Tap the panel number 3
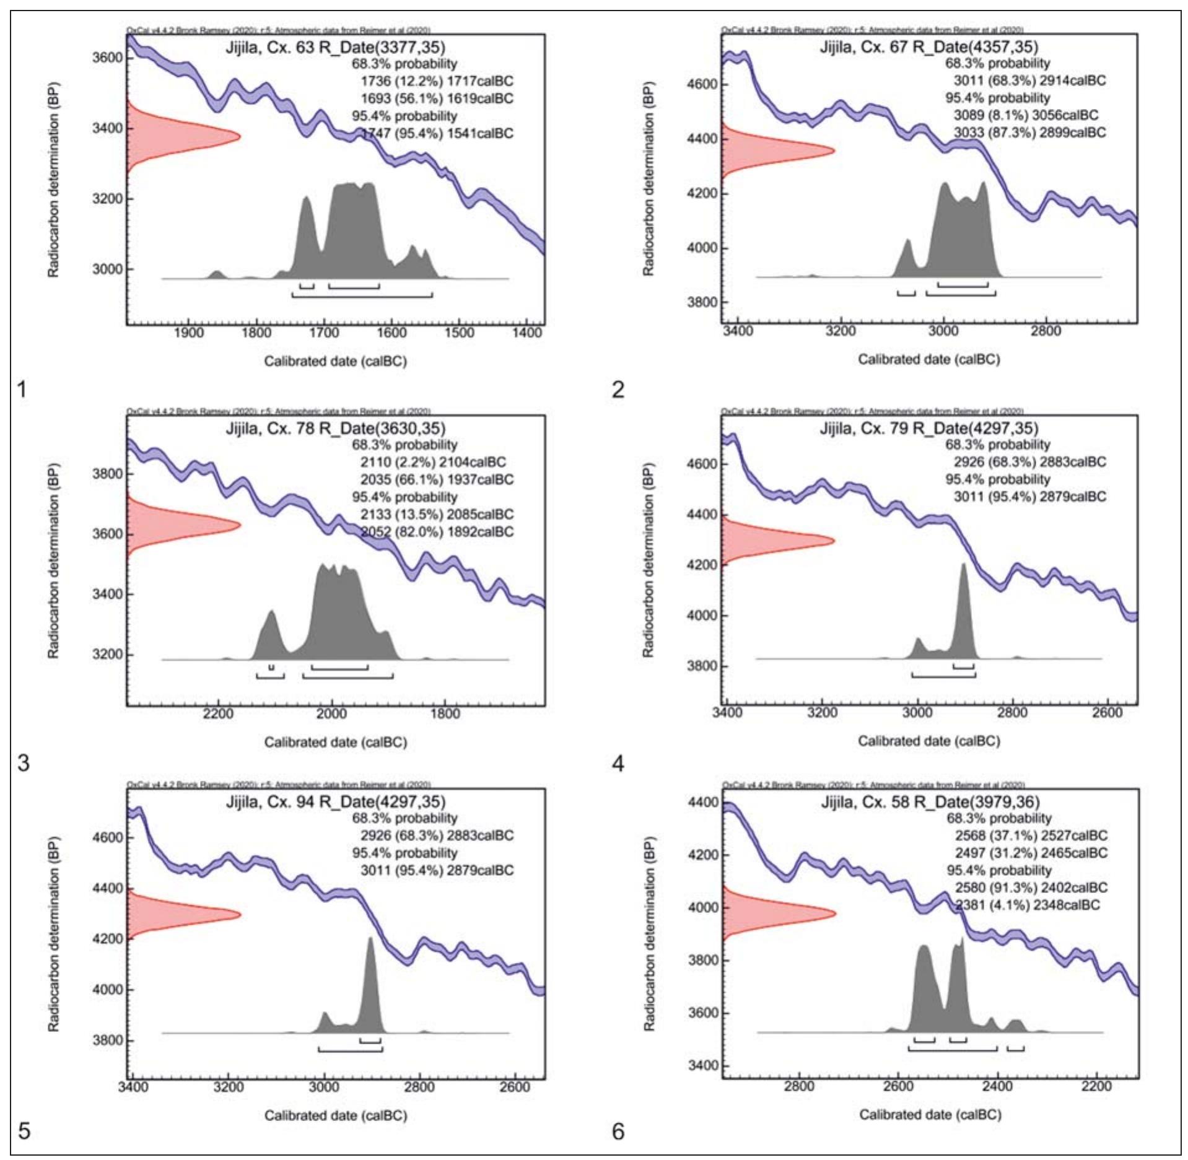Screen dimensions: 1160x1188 (x=24, y=763)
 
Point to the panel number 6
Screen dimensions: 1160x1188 (x=618, y=1132)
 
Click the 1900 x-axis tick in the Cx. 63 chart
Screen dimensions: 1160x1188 (x=189, y=333)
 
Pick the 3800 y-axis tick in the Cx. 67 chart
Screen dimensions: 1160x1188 (x=700, y=302)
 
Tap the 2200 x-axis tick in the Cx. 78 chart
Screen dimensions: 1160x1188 (x=218, y=713)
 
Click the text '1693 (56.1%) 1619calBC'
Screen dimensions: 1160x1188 (x=437, y=98)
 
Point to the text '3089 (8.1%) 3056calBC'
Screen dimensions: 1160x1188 (x=1026, y=115)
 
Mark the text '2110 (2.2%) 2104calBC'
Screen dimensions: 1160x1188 (x=433, y=462)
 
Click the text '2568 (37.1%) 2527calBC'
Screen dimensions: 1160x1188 (x=1031, y=835)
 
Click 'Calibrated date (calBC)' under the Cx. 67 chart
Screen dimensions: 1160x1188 (x=928, y=359)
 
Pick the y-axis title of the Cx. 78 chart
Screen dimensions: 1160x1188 (x=53, y=560)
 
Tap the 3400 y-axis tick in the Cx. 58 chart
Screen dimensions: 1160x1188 (x=702, y=1066)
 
